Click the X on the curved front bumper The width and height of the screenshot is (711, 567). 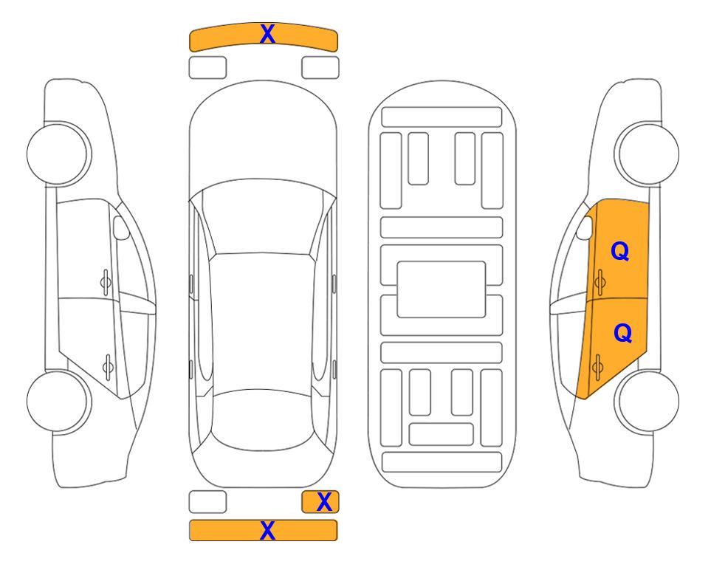(x=267, y=34)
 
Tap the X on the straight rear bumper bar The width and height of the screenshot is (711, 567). (x=267, y=530)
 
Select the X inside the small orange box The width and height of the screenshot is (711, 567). (x=324, y=502)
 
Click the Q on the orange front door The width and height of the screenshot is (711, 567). (x=620, y=251)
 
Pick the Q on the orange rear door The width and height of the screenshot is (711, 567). (x=622, y=334)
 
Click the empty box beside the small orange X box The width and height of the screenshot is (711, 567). (x=207, y=502)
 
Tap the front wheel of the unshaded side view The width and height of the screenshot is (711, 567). (x=58, y=154)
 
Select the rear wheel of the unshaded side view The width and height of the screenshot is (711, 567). (x=58, y=401)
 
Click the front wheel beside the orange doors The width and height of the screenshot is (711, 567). (x=647, y=154)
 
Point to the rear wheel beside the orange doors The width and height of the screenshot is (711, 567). (x=647, y=401)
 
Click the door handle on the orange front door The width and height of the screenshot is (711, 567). (x=600, y=282)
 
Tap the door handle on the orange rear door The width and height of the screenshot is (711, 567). (x=597, y=367)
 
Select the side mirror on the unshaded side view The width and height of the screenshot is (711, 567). (x=121, y=227)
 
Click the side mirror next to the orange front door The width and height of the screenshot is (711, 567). (x=585, y=227)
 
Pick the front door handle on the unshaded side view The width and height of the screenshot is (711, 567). (x=106, y=282)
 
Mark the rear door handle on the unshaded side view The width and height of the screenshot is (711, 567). (x=108, y=367)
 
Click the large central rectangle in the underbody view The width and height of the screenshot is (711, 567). (x=442, y=289)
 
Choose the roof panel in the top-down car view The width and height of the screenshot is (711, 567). (x=262, y=322)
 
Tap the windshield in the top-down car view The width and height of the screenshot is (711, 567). (x=263, y=218)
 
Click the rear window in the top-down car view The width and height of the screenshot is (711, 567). (x=263, y=419)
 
